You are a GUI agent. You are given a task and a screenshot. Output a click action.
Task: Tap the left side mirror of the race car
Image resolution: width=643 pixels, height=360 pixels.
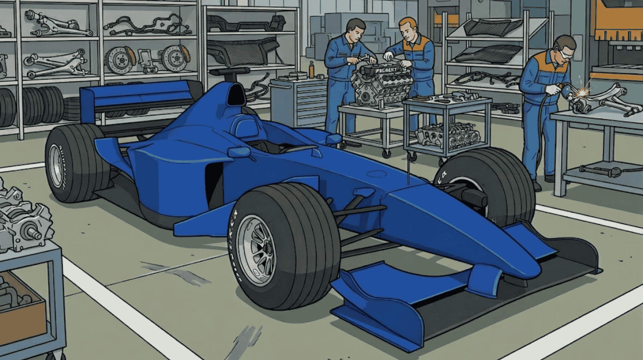(239, 152)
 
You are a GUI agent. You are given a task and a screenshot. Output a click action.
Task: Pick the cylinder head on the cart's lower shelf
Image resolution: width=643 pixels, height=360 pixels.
(448, 135)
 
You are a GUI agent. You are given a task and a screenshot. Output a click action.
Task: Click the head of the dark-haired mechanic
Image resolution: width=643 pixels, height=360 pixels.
(355, 30)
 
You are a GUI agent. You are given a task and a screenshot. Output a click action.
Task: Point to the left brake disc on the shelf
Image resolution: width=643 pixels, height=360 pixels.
(119, 60)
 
